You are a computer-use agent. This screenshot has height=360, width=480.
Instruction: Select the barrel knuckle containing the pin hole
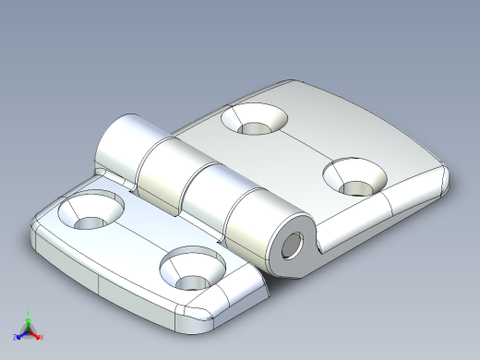(263, 231)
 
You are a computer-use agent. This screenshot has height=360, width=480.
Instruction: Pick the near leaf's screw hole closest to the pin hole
(193, 268)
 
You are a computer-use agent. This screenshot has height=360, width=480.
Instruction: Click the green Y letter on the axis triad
(29, 313)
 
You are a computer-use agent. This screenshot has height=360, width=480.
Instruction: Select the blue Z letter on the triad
(16, 337)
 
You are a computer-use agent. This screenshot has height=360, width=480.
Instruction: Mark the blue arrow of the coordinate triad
(21, 332)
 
